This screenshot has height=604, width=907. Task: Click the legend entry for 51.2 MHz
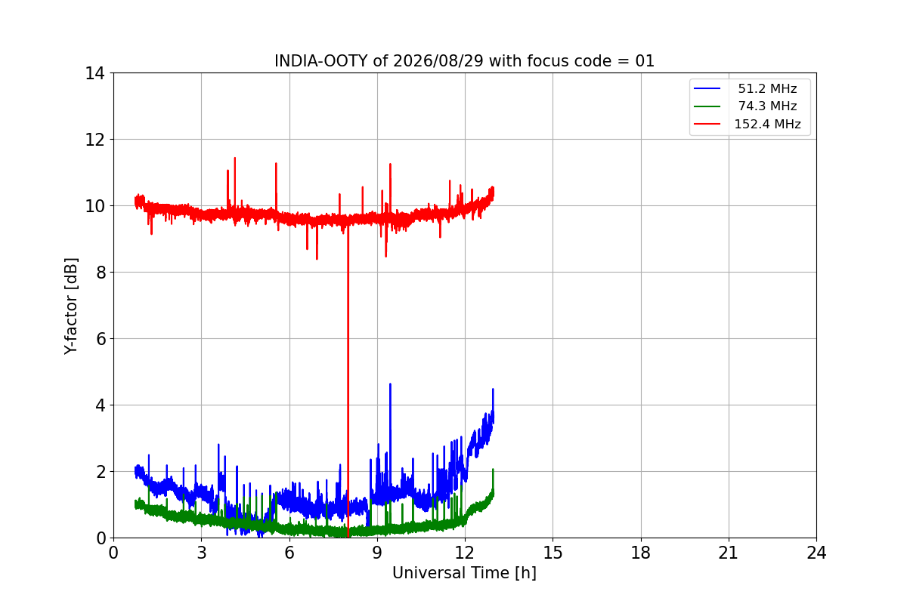tap(767, 88)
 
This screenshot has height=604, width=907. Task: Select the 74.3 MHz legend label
tap(767, 106)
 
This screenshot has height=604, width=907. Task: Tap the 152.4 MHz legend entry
tap(767, 124)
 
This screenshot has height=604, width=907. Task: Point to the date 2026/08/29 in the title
tap(438, 61)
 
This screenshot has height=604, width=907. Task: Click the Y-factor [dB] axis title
tap(71, 306)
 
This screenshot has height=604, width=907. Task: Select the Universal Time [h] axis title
tap(464, 573)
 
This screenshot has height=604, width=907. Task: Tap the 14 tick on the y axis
tap(94, 74)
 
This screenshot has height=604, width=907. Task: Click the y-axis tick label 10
tap(94, 206)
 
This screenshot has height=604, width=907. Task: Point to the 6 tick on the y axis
tap(101, 339)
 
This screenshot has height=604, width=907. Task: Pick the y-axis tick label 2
tap(101, 472)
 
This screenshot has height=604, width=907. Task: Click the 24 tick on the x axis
tap(816, 553)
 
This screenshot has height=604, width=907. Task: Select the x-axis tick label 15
tap(553, 553)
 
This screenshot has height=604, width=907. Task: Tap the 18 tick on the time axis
tap(641, 553)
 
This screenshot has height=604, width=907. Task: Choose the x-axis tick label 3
tap(202, 553)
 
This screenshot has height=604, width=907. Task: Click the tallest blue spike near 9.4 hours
tap(390, 384)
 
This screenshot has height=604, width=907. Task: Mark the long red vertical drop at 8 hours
tap(348, 381)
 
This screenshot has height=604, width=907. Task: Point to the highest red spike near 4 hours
tap(235, 159)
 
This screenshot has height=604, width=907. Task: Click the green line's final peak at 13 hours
tap(493, 470)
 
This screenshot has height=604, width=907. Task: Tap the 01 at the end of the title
tap(645, 61)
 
